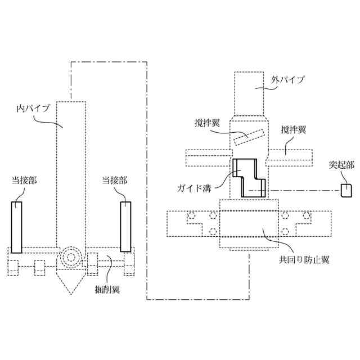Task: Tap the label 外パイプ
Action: pyautogui.click(x=287, y=80)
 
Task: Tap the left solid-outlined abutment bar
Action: pyautogui.click(x=16, y=226)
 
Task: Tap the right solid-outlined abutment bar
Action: pyautogui.click(x=125, y=226)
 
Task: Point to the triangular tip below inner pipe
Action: pyautogui.click(x=71, y=281)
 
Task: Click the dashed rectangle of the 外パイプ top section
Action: pyautogui.click(x=249, y=93)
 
